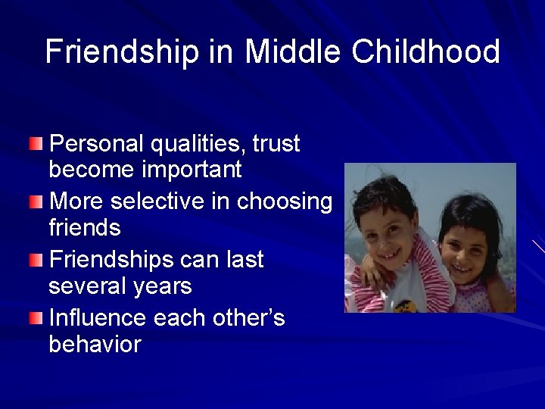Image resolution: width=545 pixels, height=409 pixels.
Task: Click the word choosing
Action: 285,202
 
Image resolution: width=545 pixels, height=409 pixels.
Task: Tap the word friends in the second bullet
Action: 84,227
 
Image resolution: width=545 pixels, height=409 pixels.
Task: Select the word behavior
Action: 95,345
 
